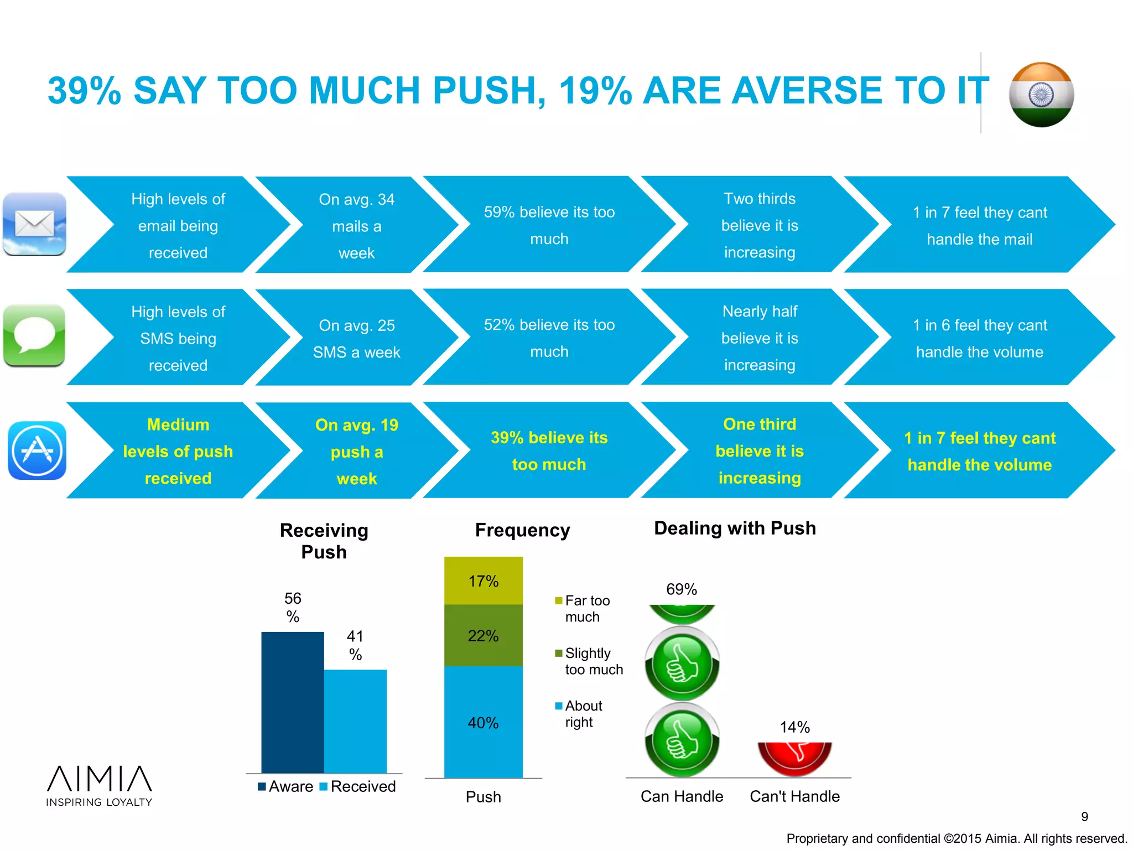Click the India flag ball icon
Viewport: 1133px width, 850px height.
click(1041, 95)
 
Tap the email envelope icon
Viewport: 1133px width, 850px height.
click(35, 224)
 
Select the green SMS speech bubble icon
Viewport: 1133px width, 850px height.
click(35, 336)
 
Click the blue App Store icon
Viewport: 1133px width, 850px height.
click(37, 450)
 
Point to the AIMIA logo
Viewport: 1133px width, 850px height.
click(99, 785)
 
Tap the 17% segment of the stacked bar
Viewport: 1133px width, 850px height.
click(483, 581)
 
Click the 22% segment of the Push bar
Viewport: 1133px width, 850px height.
click(483, 635)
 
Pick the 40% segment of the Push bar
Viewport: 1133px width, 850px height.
click(483, 722)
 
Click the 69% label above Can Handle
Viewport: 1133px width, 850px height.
click(681, 589)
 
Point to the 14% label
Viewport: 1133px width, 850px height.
click(794, 727)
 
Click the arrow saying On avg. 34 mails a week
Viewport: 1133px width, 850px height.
click(356, 225)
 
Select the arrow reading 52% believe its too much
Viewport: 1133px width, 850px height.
click(549, 338)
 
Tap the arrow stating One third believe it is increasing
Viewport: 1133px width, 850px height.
click(759, 450)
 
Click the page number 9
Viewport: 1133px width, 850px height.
click(1084, 816)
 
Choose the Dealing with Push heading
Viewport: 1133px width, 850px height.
click(735, 528)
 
